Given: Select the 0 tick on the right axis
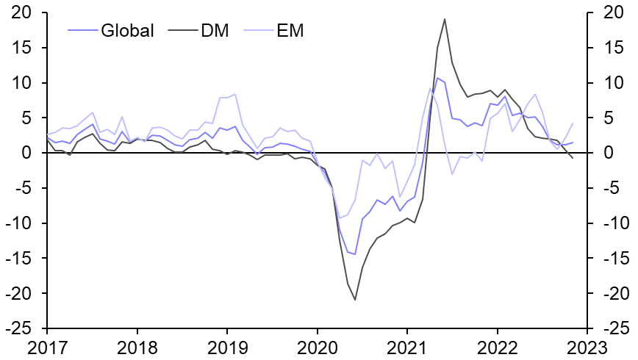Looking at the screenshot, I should [x=606, y=154].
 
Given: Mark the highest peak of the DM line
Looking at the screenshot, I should [x=445, y=19].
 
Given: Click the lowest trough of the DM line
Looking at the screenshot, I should [x=355, y=300].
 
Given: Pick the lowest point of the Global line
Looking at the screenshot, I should [x=355, y=254].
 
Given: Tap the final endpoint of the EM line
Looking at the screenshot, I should [x=573, y=123].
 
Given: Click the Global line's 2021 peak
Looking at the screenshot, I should [x=437, y=78].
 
